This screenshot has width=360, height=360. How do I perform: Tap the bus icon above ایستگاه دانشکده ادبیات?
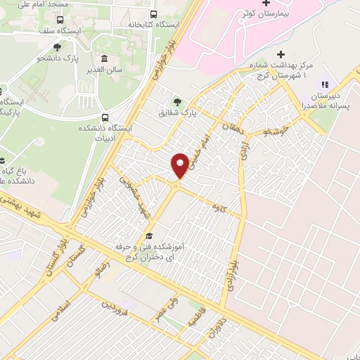click(105, 117)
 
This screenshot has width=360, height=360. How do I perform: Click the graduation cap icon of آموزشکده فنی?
click(148, 236)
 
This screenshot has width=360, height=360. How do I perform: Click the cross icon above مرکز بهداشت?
click(281, 54)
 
